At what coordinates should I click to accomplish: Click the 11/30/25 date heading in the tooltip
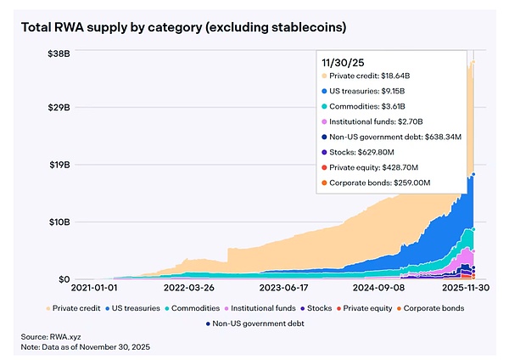pos(342,63)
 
